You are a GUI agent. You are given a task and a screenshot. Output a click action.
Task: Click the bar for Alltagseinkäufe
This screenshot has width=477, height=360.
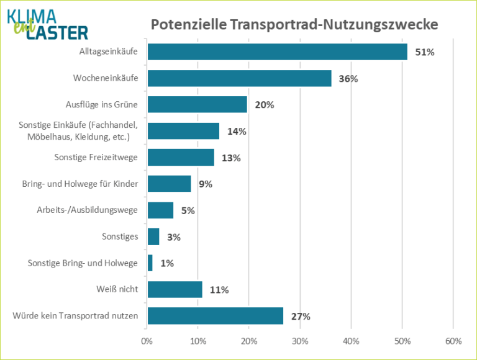[x=277, y=52]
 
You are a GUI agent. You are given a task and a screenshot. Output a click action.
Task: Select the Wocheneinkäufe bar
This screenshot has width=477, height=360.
[x=239, y=78]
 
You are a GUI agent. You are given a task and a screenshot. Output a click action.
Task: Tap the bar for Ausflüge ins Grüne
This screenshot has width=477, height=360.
[x=197, y=104]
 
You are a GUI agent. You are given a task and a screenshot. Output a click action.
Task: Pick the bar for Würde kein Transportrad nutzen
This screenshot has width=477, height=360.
[x=215, y=316]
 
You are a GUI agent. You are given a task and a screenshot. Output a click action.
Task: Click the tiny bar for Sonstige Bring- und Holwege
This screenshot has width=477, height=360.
[x=150, y=263]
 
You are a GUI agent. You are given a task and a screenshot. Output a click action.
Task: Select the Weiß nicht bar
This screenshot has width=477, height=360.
[x=175, y=289]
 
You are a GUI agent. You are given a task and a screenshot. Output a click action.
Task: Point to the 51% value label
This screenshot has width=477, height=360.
[x=425, y=52]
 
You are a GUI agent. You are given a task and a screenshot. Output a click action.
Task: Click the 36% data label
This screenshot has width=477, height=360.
[x=349, y=79]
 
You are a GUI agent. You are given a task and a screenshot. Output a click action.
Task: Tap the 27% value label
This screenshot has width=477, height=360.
[x=301, y=317]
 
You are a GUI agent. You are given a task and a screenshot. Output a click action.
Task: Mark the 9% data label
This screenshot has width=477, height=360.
[x=206, y=184]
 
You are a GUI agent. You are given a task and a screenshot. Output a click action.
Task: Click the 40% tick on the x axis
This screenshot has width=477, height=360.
[x=351, y=341]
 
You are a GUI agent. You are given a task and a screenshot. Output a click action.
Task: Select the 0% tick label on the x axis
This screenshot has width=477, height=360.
[x=147, y=341]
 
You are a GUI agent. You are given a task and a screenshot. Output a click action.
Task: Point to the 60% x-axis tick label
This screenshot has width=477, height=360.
[x=453, y=341]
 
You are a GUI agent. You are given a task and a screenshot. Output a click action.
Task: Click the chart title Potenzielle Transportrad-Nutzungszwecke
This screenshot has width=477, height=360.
[x=294, y=25]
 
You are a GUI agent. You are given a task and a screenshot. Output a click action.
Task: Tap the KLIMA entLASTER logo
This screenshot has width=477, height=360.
[x=47, y=24]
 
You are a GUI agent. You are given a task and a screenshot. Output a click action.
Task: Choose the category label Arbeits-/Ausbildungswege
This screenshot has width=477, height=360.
[x=87, y=210]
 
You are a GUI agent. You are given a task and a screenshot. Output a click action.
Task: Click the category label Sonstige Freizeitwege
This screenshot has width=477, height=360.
[x=96, y=157]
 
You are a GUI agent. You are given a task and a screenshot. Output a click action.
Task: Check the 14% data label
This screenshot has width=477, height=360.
[x=237, y=132]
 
